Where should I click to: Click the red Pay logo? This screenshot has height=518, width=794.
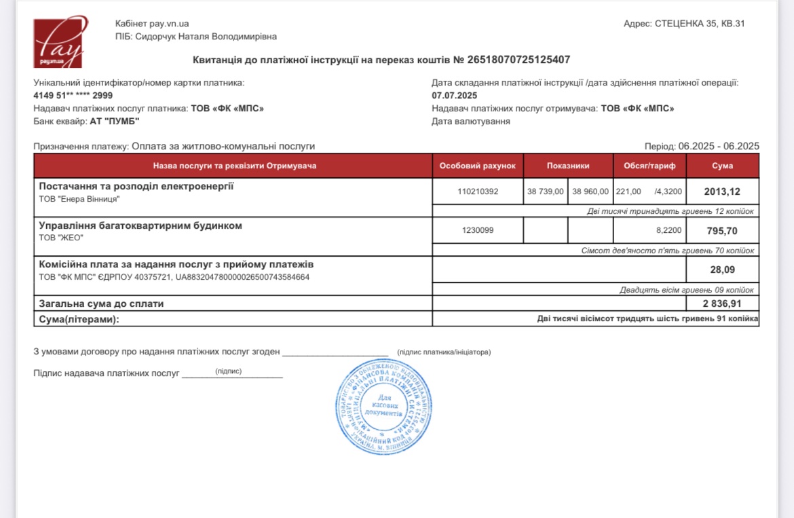pyautogui.click(x=58, y=42)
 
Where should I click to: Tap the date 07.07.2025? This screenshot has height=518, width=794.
pyautogui.click(x=455, y=96)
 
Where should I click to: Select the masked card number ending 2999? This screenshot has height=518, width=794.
pyautogui.click(x=73, y=96)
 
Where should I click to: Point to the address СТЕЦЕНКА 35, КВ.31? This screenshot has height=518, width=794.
pyautogui.click(x=700, y=24)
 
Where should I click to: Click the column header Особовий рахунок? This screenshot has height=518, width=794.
pyautogui.click(x=477, y=166)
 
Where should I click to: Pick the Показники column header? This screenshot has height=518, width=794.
pyautogui.click(x=568, y=166)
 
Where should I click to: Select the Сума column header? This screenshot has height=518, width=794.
pyautogui.click(x=722, y=166)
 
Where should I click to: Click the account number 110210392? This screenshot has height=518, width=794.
pyautogui.click(x=478, y=191)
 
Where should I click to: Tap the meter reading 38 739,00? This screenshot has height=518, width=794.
pyautogui.click(x=546, y=191)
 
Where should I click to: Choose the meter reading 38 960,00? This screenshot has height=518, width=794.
pyautogui.click(x=590, y=191)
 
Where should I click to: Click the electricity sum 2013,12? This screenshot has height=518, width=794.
pyautogui.click(x=722, y=191)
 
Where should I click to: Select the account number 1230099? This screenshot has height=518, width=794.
pyautogui.click(x=478, y=231)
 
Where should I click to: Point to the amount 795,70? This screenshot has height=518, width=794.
pyautogui.click(x=722, y=231)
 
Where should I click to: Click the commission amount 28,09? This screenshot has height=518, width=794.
pyautogui.click(x=722, y=270)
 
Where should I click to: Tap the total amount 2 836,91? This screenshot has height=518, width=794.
pyautogui.click(x=722, y=303)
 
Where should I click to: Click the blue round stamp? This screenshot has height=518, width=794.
pyautogui.click(x=384, y=407)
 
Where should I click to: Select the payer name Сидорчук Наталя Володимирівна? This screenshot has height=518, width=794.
pyautogui.click(x=206, y=37)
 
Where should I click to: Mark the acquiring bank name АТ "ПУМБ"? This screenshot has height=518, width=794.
pyautogui.click(x=114, y=122)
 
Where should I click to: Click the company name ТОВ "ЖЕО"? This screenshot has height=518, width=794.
pyautogui.click(x=60, y=238)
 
